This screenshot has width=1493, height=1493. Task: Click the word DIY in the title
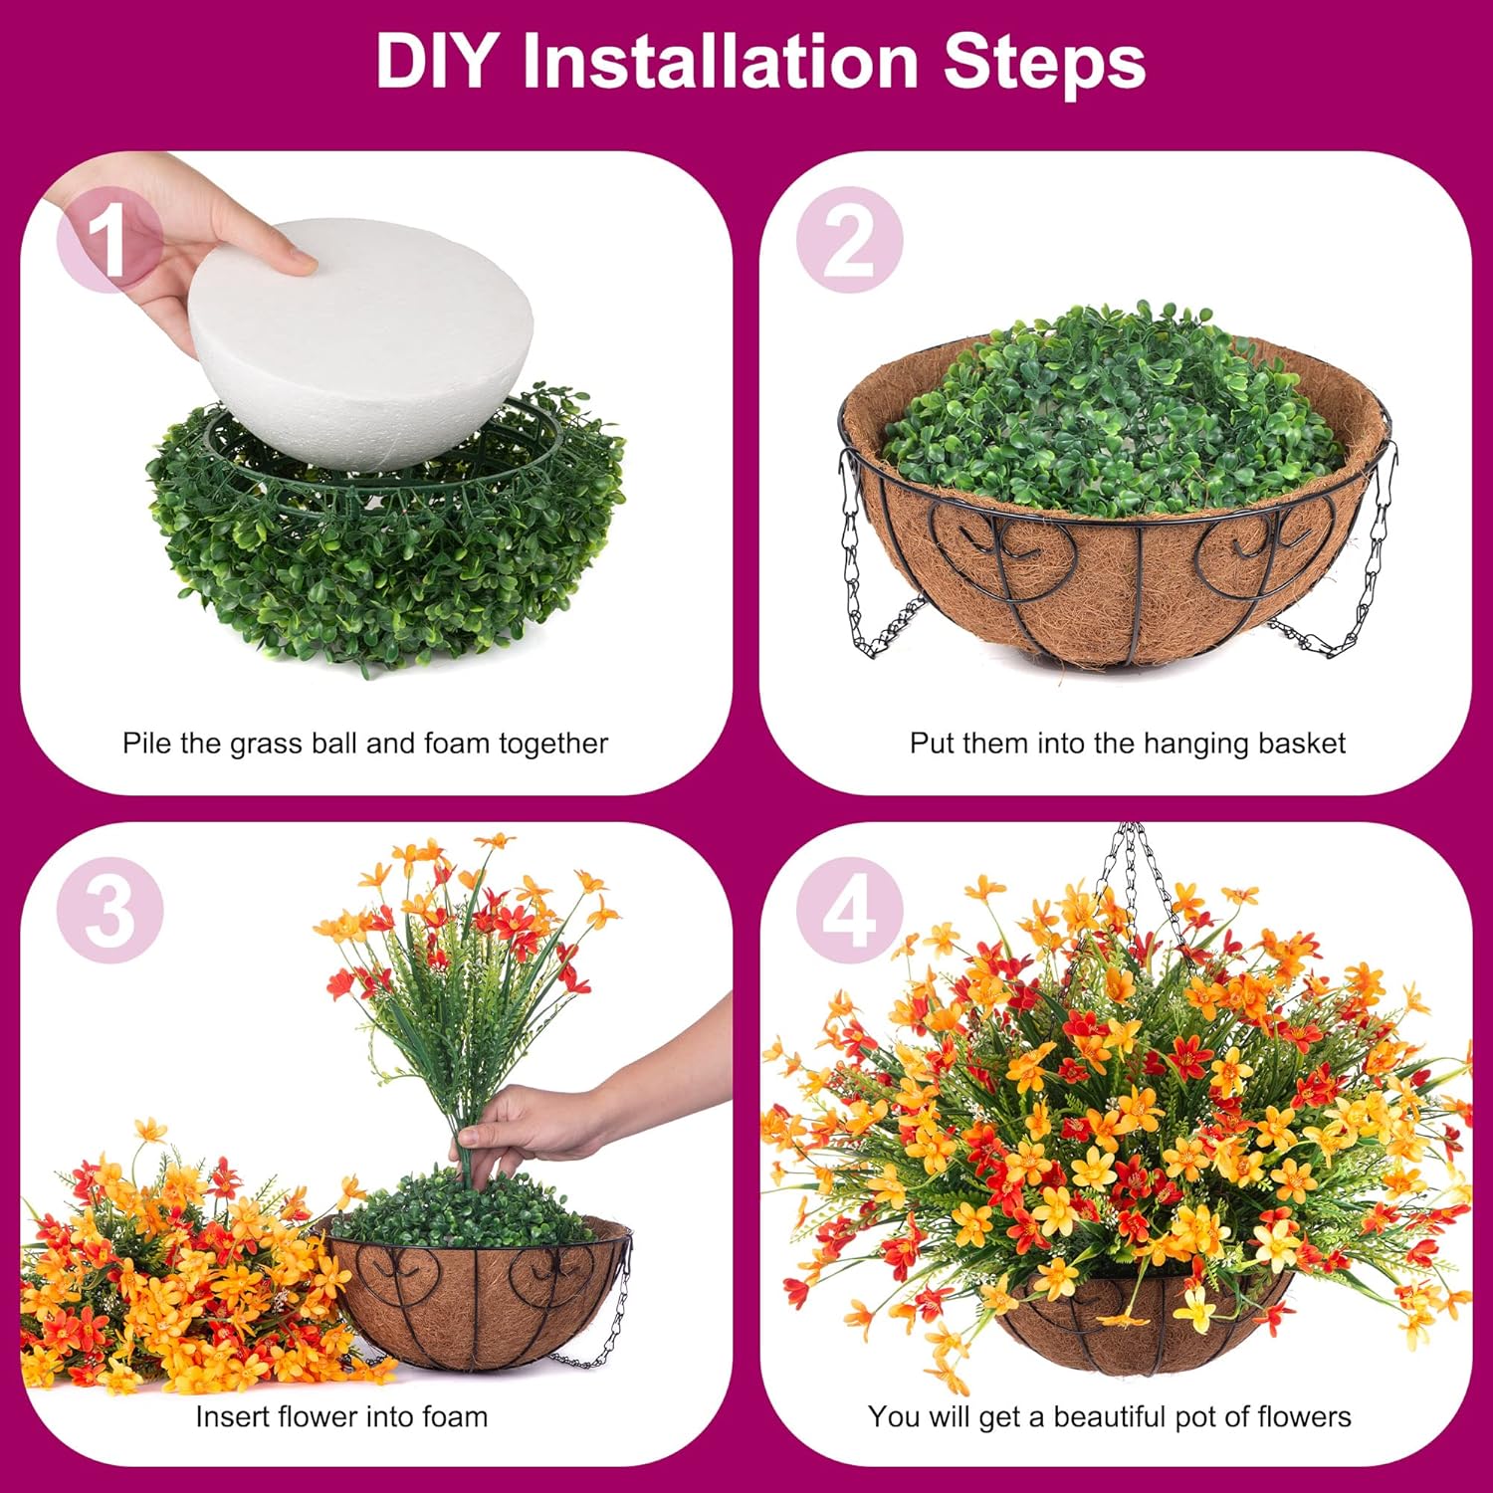click(x=434, y=62)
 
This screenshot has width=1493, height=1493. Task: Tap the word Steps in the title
click(x=1044, y=62)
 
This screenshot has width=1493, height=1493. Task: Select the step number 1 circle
click(x=108, y=240)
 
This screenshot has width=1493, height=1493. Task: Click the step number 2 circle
click(x=849, y=240)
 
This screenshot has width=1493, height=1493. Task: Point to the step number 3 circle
click(x=109, y=910)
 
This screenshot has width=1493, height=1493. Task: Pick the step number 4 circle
click(x=849, y=910)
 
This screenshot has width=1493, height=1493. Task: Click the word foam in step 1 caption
click(x=458, y=744)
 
